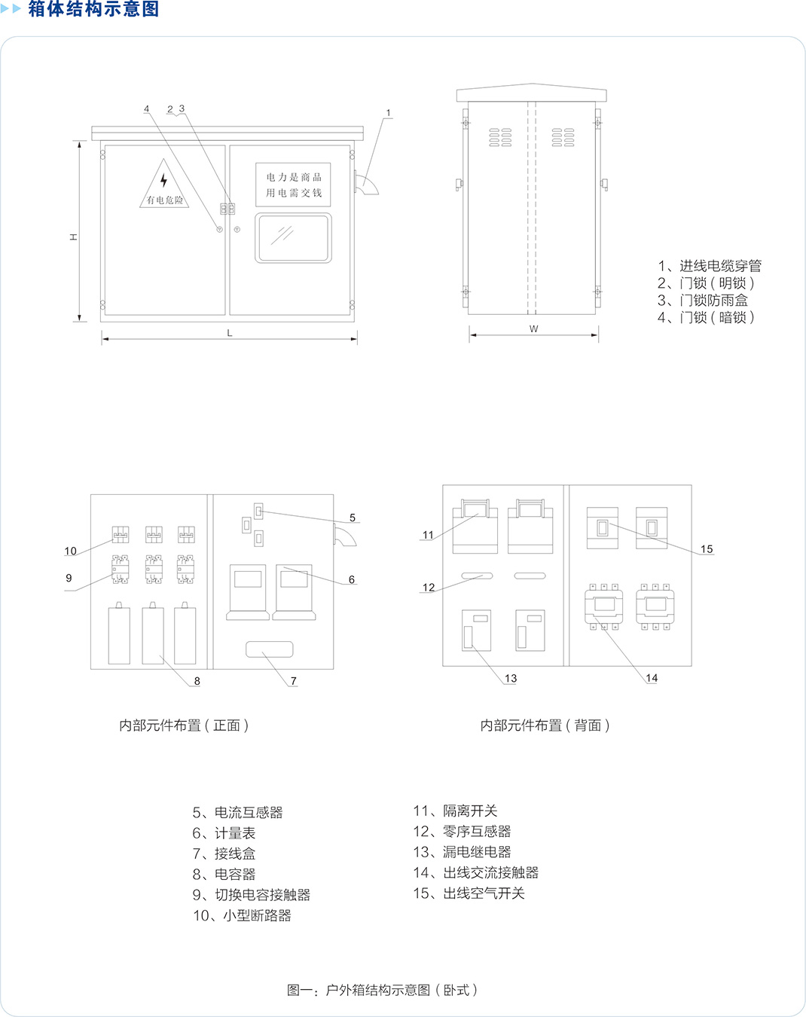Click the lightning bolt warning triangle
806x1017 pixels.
(x=163, y=185)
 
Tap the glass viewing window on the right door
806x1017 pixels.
(x=293, y=238)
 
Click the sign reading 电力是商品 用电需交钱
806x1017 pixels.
(x=293, y=185)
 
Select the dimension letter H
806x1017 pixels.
(x=74, y=237)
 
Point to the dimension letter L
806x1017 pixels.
(x=230, y=333)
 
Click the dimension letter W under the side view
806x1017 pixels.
(x=533, y=328)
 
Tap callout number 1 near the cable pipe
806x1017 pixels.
(x=389, y=113)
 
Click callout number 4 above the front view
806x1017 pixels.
(x=147, y=109)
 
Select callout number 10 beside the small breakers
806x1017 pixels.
(x=70, y=551)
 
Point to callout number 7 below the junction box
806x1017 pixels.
(x=294, y=681)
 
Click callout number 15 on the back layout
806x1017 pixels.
(x=707, y=549)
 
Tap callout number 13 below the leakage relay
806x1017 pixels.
(x=511, y=678)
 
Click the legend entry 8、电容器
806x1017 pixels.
(x=224, y=874)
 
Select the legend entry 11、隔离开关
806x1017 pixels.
(x=455, y=811)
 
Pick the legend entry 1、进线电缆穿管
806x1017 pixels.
(x=709, y=266)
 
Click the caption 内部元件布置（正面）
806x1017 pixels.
(x=184, y=725)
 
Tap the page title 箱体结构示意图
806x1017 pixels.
(x=93, y=9)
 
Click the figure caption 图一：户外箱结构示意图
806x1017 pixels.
(x=382, y=989)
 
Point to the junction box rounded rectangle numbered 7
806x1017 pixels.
(x=270, y=649)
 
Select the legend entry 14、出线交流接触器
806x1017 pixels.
(x=475, y=872)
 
